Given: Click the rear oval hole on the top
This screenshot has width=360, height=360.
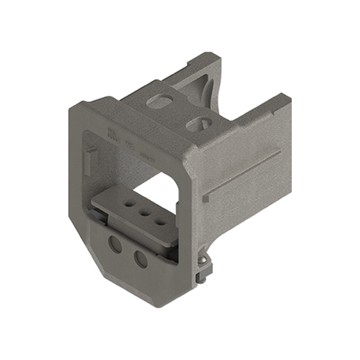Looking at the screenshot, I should pyautogui.click(x=160, y=99).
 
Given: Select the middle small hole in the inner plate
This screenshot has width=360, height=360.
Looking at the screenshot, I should pyautogui.click(x=142, y=212).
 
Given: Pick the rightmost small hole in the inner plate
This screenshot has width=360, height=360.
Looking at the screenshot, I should pyautogui.click(x=159, y=223).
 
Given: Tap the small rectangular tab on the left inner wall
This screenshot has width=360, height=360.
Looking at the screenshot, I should pyautogui.click(x=90, y=160).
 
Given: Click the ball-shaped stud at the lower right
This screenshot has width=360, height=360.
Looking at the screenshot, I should pyautogui.click(x=205, y=260).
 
